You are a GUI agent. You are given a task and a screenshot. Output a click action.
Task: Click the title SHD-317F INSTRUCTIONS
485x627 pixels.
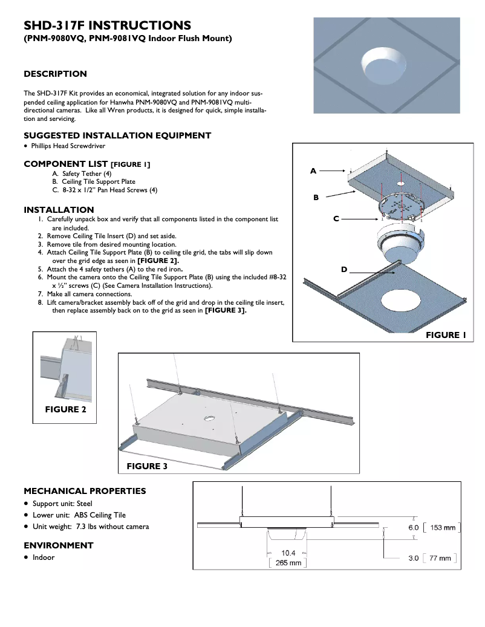click(107, 25)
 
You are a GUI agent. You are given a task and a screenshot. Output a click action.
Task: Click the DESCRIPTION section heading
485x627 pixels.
click(55, 74)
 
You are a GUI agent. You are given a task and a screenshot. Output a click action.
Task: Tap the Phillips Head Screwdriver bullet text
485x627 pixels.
click(68, 146)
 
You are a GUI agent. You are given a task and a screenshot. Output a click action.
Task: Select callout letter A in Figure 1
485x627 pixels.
click(313, 171)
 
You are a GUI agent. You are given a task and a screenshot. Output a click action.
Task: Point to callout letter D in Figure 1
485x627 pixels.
click(343, 269)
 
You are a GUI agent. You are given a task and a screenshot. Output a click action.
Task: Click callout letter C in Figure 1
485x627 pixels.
click(336, 219)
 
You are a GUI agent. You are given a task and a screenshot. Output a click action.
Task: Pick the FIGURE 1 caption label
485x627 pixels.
click(446, 335)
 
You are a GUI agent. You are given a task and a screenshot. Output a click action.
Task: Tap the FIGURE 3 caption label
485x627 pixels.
click(147, 466)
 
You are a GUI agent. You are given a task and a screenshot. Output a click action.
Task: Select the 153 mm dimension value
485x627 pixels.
click(443, 528)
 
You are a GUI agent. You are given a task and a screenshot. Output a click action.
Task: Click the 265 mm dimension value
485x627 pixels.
click(288, 563)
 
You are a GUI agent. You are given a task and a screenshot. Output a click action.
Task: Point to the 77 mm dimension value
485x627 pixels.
click(440, 559)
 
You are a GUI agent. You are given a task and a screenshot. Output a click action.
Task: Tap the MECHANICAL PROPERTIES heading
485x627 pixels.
click(85, 491)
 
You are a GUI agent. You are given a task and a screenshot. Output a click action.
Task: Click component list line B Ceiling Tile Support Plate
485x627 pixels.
click(98, 181)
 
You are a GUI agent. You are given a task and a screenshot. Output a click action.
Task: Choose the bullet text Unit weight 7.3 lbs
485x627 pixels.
click(91, 527)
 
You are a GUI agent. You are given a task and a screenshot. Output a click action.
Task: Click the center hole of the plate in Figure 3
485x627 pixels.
click(209, 418)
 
